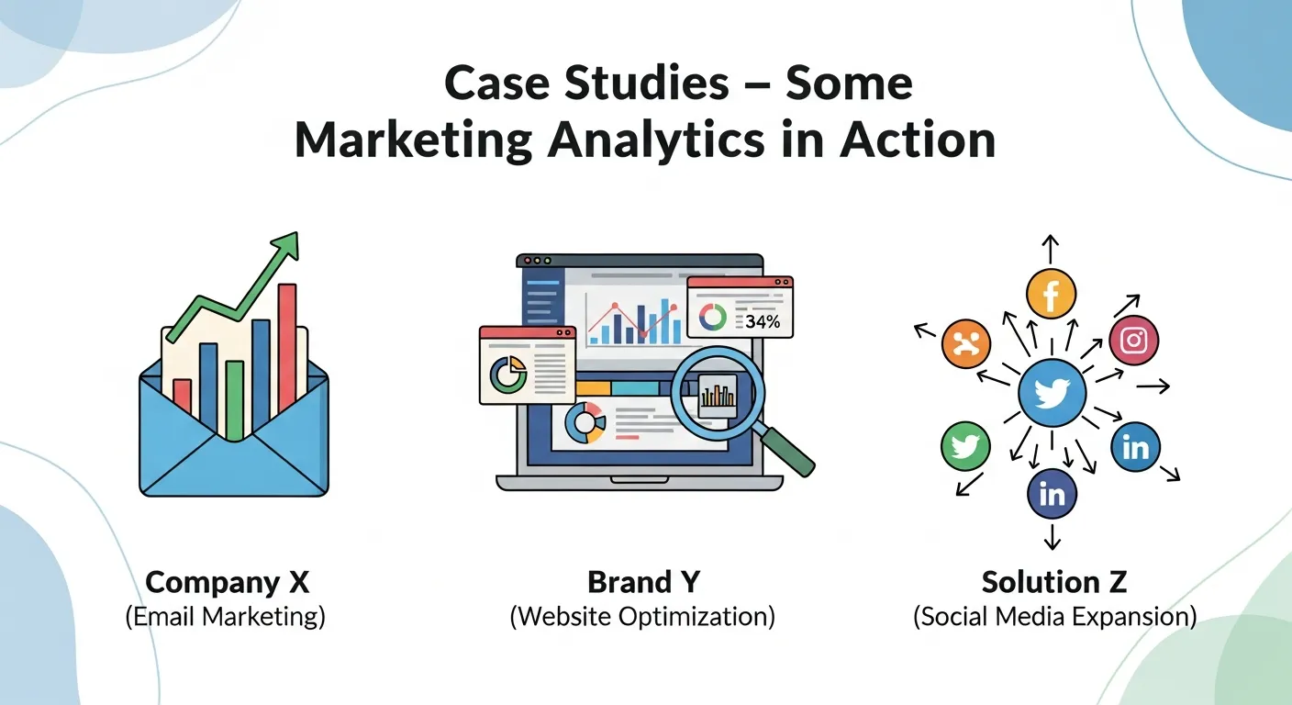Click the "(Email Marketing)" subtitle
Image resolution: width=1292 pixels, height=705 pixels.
point(225,616)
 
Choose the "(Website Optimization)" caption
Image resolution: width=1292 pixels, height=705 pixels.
point(641,616)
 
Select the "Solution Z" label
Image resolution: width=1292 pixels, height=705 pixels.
point(1054,582)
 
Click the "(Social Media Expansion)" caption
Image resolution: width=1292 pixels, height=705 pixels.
point(1054,616)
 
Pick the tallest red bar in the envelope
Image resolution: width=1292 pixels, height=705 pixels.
point(287,344)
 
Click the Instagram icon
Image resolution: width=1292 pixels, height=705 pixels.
point(1134,341)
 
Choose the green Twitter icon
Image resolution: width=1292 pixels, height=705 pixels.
point(966,447)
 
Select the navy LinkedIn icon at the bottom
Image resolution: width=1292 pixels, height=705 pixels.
point(1052,494)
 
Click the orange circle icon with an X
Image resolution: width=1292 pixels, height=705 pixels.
point(966,344)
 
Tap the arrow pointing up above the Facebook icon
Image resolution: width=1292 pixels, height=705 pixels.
point(1052,248)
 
